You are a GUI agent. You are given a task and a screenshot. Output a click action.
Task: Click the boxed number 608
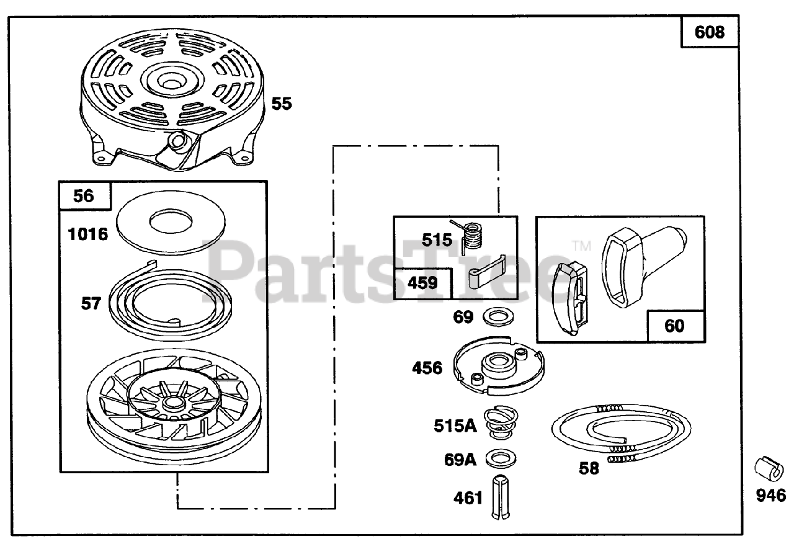pyautogui.click(x=710, y=32)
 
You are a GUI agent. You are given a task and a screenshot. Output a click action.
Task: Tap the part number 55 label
pyautogui.click(x=281, y=104)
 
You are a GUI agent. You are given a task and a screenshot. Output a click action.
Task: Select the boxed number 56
pyautogui.click(x=84, y=196)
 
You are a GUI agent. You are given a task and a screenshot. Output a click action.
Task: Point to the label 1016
pyautogui.click(x=87, y=234)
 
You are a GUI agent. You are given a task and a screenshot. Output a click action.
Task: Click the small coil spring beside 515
pyautogui.click(x=474, y=235)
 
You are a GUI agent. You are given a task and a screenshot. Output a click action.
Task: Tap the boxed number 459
pyautogui.click(x=422, y=283)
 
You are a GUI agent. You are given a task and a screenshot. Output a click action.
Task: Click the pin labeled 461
pyautogui.click(x=501, y=497)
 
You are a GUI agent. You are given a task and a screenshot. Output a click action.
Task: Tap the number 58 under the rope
pyautogui.click(x=589, y=468)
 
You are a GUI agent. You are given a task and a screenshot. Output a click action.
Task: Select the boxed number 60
pyautogui.click(x=674, y=325)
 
